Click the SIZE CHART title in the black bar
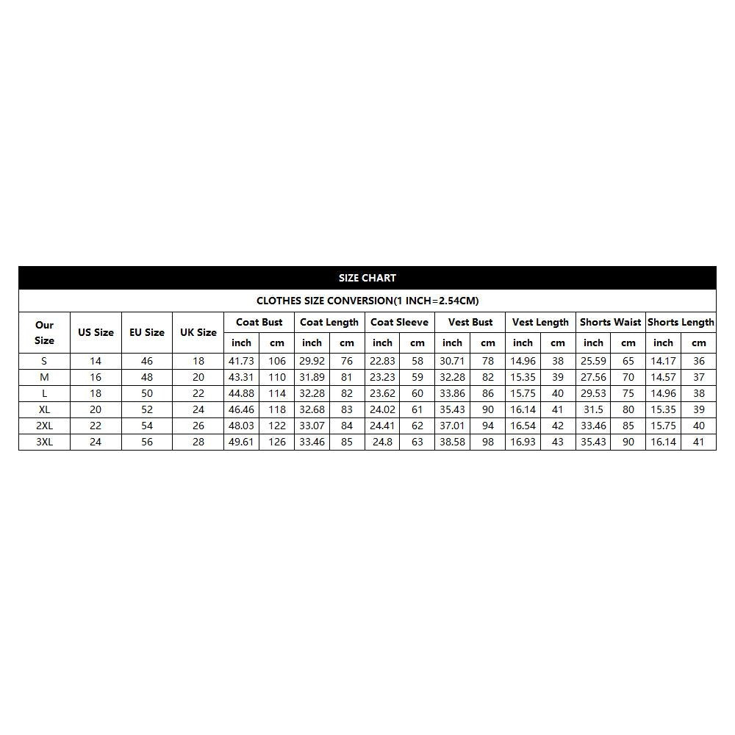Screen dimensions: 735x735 point(367,278)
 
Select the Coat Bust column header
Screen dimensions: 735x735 point(259,322)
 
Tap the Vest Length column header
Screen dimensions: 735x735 point(540,322)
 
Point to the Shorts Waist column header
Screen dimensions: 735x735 point(610,322)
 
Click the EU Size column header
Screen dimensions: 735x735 point(147,332)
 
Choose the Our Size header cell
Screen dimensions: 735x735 point(44,332)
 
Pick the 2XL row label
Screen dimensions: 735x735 point(44,426)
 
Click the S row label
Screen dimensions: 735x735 point(44,361)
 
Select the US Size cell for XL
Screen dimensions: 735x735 point(96,409)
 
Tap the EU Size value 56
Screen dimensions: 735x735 point(147,442)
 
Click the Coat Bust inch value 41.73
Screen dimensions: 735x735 point(241,361)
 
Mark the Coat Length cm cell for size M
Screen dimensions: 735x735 point(347,377)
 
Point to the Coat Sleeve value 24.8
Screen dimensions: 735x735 point(382,442)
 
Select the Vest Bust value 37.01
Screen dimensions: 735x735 point(452,426)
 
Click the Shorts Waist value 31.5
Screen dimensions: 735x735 point(593,409)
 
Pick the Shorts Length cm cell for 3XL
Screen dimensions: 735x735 point(698,442)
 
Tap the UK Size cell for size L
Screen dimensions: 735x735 point(198,393)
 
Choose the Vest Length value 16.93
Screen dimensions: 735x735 point(523,442)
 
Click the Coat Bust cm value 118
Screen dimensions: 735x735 point(276,409)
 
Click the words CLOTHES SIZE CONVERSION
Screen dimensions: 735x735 point(324,301)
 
